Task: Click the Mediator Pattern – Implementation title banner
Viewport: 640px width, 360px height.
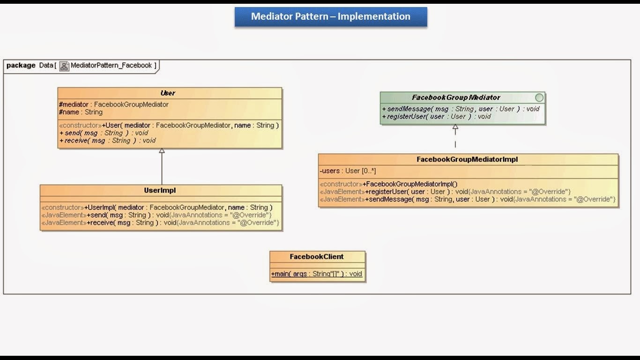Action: point(331,16)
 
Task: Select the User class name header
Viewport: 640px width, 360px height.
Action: point(168,93)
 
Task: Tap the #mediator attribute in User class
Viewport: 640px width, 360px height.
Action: point(114,105)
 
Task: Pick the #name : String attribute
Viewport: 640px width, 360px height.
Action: point(81,112)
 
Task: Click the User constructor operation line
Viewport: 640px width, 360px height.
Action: point(169,125)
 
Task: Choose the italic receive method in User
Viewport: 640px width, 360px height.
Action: point(107,140)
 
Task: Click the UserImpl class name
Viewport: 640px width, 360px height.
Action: point(160,190)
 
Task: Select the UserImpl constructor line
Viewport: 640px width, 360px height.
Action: point(157,207)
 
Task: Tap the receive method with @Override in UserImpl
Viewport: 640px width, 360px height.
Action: point(160,222)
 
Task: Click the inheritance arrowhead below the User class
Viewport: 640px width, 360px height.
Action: point(162,151)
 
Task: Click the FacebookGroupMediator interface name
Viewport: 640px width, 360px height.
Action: point(456,97)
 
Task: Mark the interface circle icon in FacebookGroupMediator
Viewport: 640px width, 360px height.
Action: point(539,97)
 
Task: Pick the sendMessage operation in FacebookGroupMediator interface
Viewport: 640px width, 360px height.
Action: point(461,109)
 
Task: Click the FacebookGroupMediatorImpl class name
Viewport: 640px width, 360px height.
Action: point(467,159)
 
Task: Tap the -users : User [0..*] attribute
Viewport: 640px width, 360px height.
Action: point(348,171)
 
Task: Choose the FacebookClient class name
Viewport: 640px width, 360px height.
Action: point(317,256)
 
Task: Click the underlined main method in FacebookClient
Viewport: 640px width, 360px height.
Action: point(317,274)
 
